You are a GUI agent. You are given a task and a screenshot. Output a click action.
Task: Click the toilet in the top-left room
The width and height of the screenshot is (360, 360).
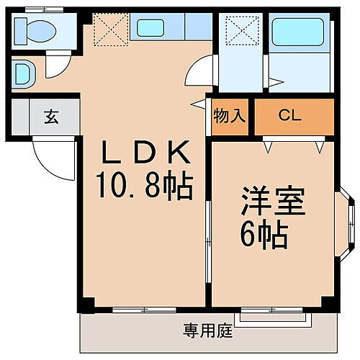pos(36,30)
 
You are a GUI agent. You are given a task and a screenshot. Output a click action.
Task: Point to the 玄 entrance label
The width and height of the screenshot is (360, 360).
pos(51,117)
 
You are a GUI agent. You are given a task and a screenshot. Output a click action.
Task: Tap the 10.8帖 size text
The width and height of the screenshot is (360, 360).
pos(144,187)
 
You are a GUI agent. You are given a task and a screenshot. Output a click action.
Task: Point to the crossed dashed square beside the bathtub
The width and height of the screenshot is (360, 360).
pos(238,31)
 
